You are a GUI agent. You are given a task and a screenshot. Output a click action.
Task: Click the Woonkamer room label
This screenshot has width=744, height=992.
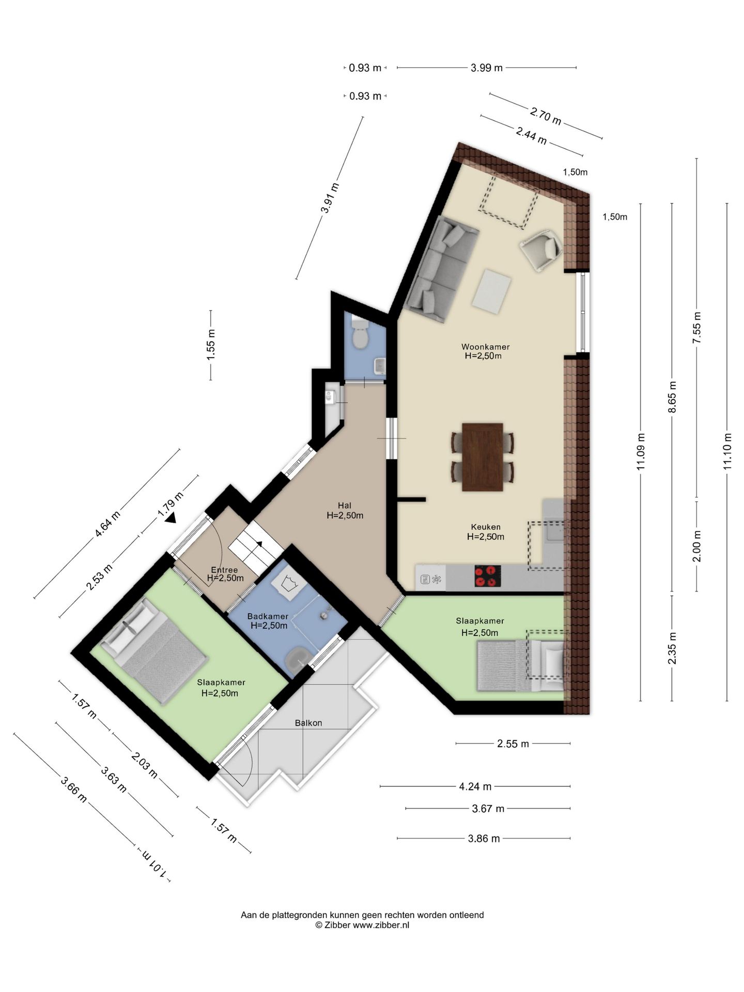pos(485,347)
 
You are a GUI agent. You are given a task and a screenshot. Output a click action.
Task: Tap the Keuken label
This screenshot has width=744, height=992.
pos(485,527)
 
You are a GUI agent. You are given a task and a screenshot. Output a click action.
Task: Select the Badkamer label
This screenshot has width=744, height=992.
pos(268,616)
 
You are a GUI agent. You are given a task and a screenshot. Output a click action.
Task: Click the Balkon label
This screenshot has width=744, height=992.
pos(308,723)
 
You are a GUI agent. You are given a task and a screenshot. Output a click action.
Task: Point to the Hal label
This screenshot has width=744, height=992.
pos(345,505)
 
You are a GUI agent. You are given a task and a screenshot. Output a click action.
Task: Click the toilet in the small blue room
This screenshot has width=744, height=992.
pos(359,335)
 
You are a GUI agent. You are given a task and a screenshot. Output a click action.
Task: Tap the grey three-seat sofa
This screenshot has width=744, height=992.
pos(442,268)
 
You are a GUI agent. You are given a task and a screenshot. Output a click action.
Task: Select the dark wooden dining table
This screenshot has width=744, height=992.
pos(482,457)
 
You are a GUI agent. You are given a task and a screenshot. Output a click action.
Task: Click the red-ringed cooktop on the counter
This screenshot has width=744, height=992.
pos(487,576)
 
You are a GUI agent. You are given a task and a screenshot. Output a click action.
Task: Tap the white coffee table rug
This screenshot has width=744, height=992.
pos(491,291)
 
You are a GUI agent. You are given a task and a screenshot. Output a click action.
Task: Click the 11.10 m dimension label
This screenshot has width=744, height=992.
pos(727,450)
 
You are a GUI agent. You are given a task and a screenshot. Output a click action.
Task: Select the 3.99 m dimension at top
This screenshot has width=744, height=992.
pos(486,68)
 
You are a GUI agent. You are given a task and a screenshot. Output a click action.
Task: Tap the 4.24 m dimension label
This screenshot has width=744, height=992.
pos(475,786)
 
